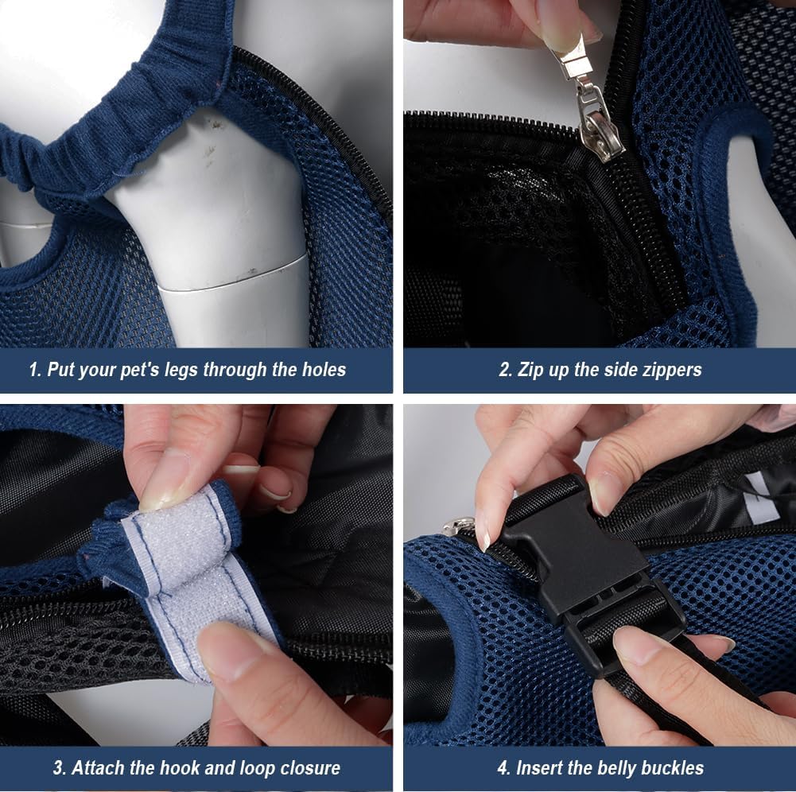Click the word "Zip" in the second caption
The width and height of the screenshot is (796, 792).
tap(534, 370)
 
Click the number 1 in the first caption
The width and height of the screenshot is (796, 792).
tap(33, 370)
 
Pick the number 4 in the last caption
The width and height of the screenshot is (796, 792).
tap(503, 768)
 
